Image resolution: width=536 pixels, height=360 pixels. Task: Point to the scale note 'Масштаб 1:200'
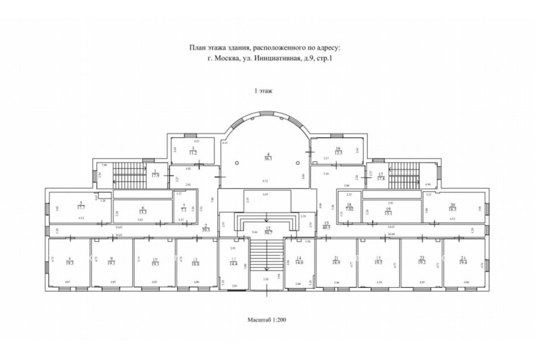pos(268,320)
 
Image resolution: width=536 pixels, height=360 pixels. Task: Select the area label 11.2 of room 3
pos(193,152)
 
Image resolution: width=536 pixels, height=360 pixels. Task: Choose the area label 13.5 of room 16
pos(338,152)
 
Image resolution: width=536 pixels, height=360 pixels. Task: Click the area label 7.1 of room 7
pos(184,210)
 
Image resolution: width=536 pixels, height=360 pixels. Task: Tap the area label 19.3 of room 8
pos(70,262)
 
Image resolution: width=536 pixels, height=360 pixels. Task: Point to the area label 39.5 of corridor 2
pos(205,228)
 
